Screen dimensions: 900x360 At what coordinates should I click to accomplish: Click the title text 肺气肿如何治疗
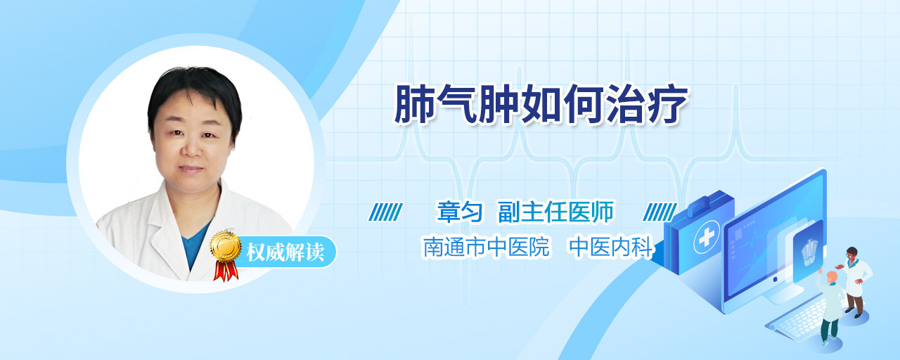tap(541, 103)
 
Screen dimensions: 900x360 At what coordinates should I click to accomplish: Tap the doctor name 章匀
tap(460, 212)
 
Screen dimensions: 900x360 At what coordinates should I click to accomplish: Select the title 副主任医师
tap(556, 212)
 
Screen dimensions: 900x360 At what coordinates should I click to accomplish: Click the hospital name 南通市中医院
tap(487, 247)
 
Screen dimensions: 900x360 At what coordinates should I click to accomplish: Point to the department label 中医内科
tap(612, 247)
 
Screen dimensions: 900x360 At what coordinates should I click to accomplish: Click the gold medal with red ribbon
tap(226, 255)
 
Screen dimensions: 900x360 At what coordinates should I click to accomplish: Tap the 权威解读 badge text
tap(285, 252)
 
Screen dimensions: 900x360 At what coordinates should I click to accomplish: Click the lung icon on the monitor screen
tap(809, 252)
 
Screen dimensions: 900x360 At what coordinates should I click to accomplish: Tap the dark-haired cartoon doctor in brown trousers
tap(855, 281)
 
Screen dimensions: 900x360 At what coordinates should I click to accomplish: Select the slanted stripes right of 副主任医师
tap(660, 212)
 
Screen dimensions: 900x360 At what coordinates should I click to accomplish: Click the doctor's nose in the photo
tap(192, 148)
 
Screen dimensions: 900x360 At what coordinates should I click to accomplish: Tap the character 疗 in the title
tap(668, 103)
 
